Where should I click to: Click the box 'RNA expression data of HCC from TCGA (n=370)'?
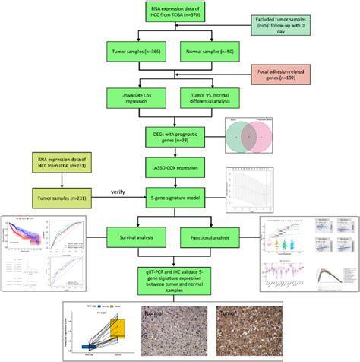point(178,13)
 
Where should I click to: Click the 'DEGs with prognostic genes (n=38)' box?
point(178,136)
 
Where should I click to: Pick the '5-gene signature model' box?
point(178,198)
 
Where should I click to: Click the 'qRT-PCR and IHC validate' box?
point(178,278)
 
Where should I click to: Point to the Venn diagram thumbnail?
point(247,135)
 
